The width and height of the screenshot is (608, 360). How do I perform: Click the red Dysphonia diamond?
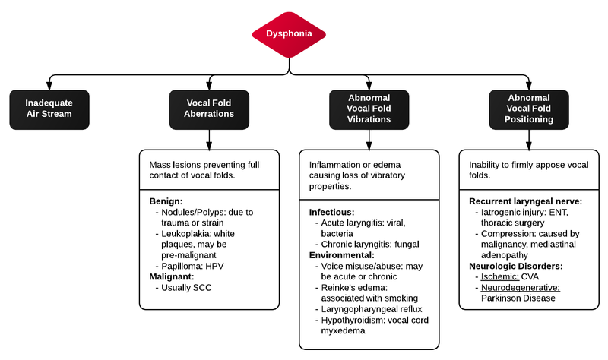289,33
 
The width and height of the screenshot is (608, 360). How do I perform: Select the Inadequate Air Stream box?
49,109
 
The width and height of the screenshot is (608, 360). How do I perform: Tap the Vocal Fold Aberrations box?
208,109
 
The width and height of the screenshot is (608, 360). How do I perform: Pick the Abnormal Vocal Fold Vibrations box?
369,109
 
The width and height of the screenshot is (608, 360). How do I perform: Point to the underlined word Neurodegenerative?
519,289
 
